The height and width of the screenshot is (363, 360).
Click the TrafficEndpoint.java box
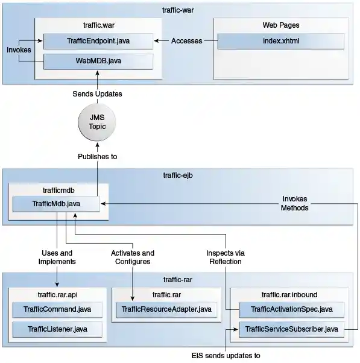click(x=98, y=41)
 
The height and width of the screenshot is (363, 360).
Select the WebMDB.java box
click(x=98, y=61)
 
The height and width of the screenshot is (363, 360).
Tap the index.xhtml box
click(x=280, y=41)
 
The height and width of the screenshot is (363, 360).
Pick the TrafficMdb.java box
click(x=56, y=204)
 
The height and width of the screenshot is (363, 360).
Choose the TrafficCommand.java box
click(x=57, y=309)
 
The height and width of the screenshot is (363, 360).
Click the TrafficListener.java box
click(x=57, y=329)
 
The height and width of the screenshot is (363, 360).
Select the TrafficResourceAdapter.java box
click(x=166, y=309)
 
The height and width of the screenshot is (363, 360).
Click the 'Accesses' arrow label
click(x=186, y=41)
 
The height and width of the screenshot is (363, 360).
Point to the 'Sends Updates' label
click(x=97, y=94)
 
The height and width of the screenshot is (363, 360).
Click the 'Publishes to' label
click(x=97, y=156)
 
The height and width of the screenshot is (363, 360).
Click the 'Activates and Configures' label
click(x=133, y=257)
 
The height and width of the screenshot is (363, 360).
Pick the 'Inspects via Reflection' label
click(x=225, y=257)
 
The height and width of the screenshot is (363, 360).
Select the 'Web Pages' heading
click(x=280, y=25)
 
